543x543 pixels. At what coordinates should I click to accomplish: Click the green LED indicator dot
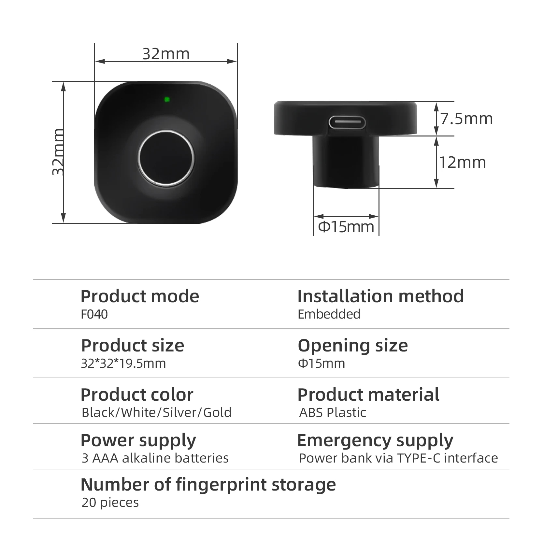(167, 99)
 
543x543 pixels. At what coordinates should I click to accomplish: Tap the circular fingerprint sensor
(166, 159)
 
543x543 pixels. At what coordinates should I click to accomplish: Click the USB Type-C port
(347, 122)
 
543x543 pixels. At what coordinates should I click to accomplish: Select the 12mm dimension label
(463, 162)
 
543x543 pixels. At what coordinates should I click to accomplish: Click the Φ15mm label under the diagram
(346, 227)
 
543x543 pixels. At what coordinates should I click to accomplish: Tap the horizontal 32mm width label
(166, 54)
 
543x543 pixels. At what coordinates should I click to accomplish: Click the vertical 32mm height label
(58, 152)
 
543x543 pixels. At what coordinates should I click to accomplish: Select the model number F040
(94, 314)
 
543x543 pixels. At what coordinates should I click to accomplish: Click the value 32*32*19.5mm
(123, 364)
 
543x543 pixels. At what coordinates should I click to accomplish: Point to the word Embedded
(329, 314)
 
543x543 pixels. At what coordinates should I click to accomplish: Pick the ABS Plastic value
(333, 413)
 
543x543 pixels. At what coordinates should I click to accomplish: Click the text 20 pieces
(110, 503)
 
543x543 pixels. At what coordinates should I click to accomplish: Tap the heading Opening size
(353, 346)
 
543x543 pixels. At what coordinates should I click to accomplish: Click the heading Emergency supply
(375, 441)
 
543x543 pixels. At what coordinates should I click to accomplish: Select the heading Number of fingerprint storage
(208, 485)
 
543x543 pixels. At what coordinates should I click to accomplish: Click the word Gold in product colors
(217, 413)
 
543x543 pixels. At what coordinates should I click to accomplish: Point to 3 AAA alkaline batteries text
(155, 458)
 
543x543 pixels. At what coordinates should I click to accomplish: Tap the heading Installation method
(380, 296)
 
